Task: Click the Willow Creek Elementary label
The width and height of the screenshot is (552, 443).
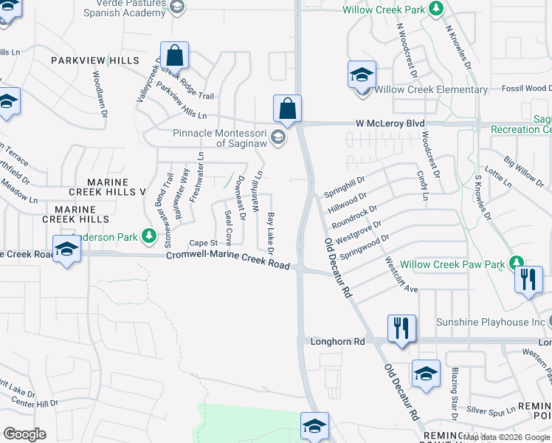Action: (431, 90)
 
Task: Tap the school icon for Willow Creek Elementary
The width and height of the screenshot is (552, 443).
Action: (362, 75)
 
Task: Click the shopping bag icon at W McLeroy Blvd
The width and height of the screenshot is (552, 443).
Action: (287, 109)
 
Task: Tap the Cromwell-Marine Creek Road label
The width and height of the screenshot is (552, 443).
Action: (227, 259)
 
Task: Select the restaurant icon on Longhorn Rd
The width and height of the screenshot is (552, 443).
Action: (401, 328)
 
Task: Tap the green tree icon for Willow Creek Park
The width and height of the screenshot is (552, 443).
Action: (437, 9)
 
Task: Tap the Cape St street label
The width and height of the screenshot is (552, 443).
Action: (204, 242)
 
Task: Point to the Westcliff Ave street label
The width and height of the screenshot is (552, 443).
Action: (400, 275)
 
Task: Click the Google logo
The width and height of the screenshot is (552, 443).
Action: (24, 433)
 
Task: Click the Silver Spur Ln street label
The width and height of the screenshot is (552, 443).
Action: (490, 409)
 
